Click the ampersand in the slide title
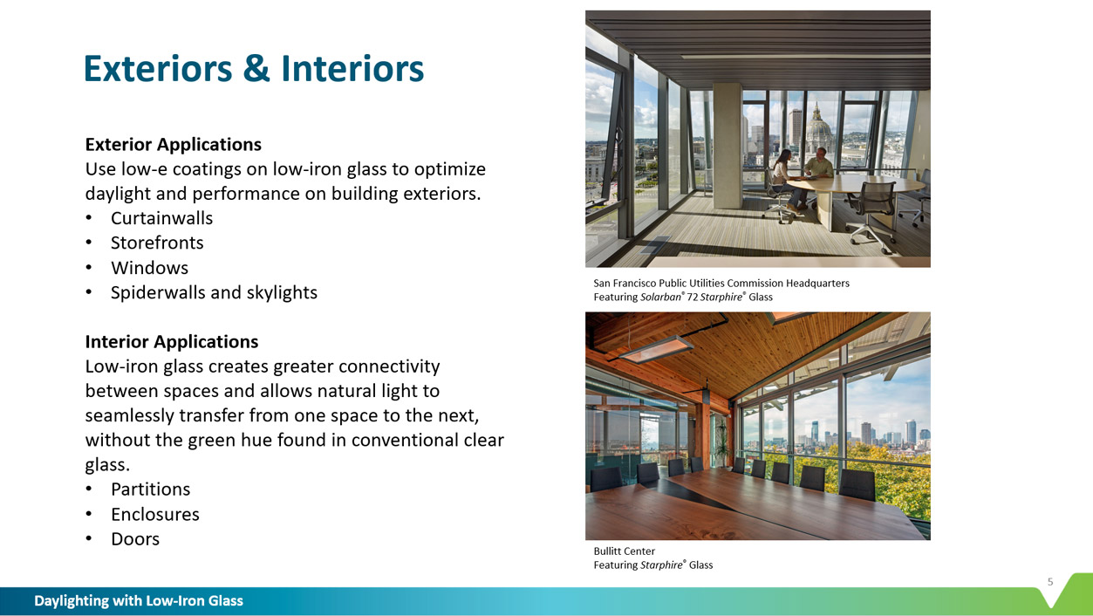256,68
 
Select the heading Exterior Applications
174,145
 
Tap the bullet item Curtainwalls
161,218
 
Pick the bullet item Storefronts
157,243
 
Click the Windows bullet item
149,268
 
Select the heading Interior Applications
172,342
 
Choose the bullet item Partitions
150,489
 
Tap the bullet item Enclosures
155,515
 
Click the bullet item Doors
135,539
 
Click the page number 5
1050,582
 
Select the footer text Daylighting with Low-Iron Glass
139,600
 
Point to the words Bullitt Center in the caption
624,551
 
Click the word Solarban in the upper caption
660,297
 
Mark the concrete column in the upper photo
728,146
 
